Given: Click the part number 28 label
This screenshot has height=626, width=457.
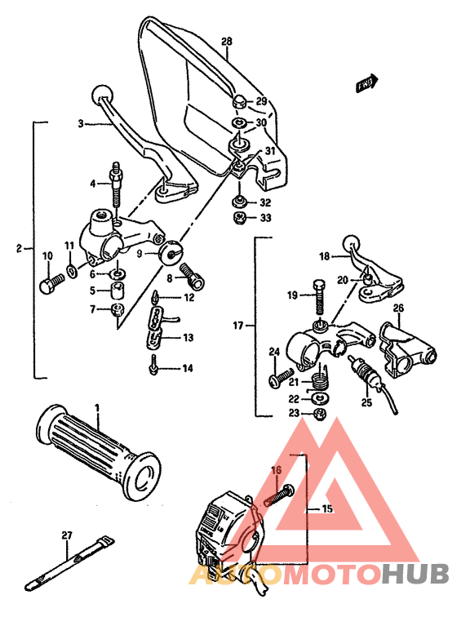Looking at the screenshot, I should click(227, 41).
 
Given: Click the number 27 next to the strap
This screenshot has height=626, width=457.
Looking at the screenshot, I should click(66, 536).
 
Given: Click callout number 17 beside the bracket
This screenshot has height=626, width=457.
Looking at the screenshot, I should click(238, 326).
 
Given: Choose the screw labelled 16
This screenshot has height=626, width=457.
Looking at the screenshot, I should click(281, 495).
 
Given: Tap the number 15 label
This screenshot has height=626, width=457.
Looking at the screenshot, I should click(327, 508).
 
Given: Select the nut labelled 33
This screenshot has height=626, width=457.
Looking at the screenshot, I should click(241, 218).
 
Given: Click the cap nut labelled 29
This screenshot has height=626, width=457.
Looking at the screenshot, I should click(239, 102).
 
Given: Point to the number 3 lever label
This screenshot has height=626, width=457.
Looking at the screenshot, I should click(81, 124).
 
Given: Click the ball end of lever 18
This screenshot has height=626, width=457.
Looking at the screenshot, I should click(352, 242).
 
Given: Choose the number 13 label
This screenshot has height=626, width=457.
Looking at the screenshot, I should click(188, 337).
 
